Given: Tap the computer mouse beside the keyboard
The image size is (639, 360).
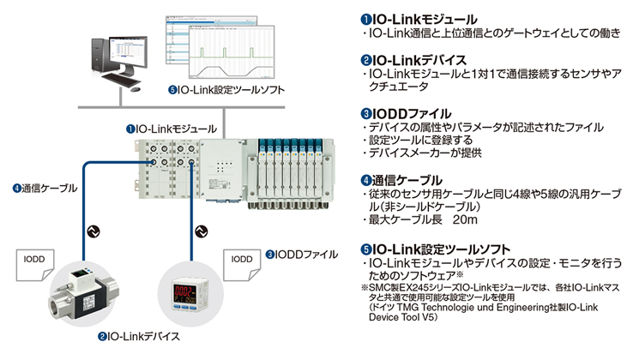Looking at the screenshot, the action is point(136,89).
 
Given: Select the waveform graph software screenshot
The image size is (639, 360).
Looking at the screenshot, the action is point(232,51).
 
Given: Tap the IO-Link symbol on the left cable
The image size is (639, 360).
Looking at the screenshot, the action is point(93,231).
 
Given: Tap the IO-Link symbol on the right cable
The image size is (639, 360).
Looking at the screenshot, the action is point(202,231).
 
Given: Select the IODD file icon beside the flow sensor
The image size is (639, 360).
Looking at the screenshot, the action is point(34,265).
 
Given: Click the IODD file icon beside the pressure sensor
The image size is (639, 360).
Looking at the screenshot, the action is point(242,265).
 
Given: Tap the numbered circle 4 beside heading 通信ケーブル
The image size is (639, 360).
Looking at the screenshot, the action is point(365,180).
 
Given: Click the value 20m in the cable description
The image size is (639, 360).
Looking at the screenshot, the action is point(465,219).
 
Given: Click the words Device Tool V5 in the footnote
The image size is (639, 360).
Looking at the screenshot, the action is point(401,317).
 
